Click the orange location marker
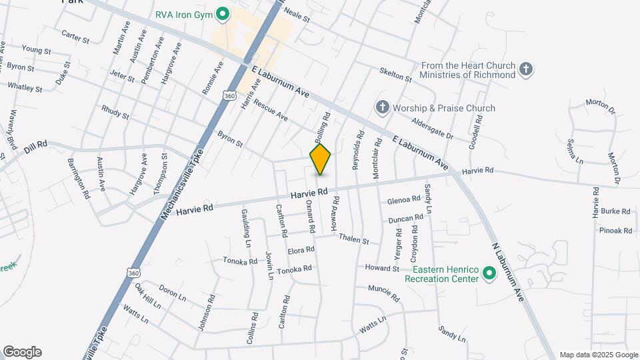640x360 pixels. pyautogui.click(x=320, y=159)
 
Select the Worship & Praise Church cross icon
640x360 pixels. pyautogui.click(x=382, y=107)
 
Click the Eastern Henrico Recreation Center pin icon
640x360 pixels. pyautogui.click(x=489, y=273)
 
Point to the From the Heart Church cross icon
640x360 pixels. pyautogui.click(x=526, y=69)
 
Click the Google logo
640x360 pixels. pyautogui.click(x=22, y=352)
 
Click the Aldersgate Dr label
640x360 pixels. pyautogui.click(x=433, y=131)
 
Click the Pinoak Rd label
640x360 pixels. pyautogui.click(x=615, y=230)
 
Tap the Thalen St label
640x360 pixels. pyautogui.click(x=353, y=238)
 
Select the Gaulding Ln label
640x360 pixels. pyautogui.click(x=245, y=228)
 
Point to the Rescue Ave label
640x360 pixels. pyautogui.click(x=271, y=111)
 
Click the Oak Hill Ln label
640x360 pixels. pyautogui.click(x=147, y=297)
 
